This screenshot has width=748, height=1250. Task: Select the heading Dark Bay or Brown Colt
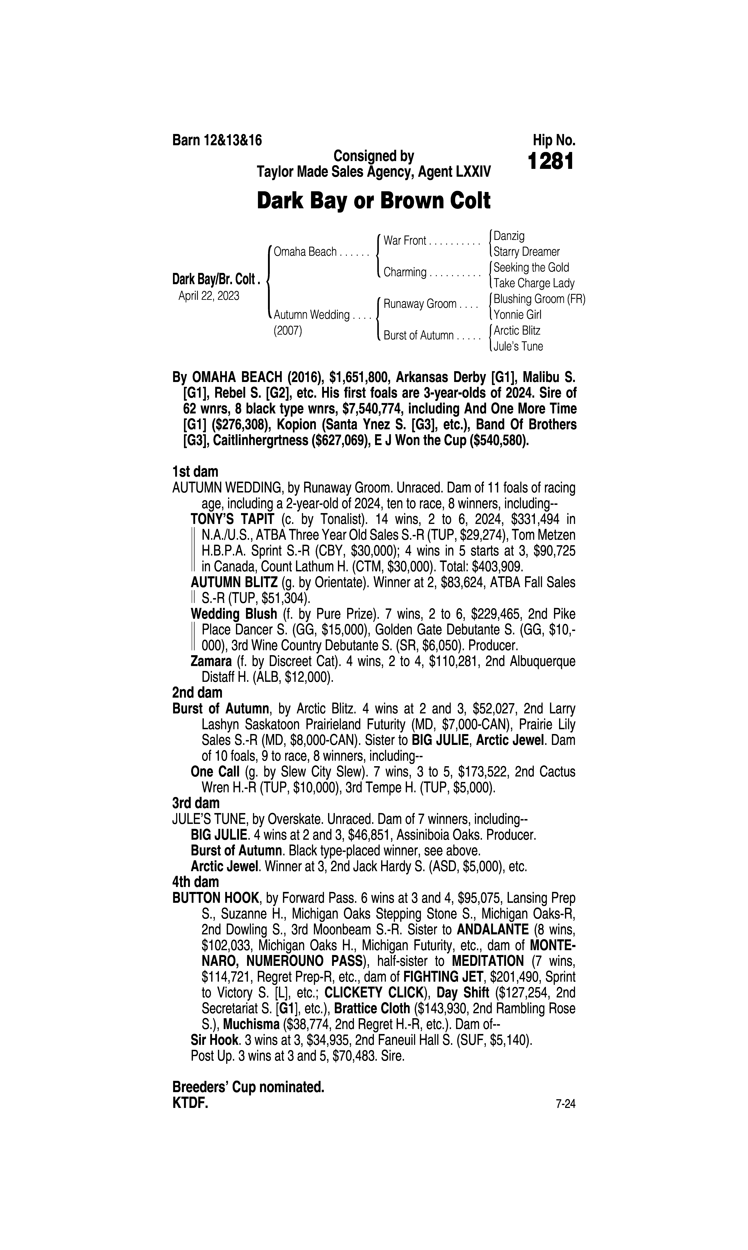click(373, 201)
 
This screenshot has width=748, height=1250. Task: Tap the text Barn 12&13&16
click(217, 140)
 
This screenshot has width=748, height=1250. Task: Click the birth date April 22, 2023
click(209, 296)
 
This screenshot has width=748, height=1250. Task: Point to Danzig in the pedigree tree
click(509, 236)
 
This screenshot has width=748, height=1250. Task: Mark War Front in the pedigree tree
click(405, 241)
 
